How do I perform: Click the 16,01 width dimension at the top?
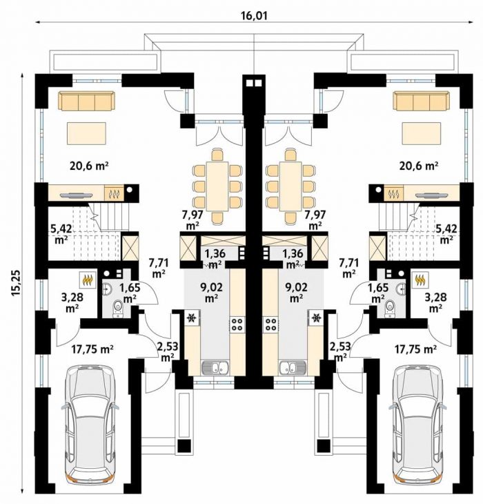click(254, 15)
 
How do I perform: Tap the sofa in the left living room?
click(86, 101)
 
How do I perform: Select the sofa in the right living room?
click(421, 101)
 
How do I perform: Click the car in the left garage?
click(90, 425)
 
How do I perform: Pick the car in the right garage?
click(417, 425)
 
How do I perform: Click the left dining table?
click(217, 186)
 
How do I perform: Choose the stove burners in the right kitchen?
click(270, 324)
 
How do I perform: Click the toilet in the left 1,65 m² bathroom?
click(118, 308)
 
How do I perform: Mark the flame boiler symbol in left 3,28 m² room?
click(88, 280)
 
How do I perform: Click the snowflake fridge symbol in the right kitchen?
click(316, 318)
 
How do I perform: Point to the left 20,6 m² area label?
click(88, 166)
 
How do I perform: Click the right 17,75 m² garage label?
click(416, 349)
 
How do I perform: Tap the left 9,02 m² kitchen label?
click(210, 292)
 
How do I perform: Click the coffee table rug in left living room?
click(86, 134)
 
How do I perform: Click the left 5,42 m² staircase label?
click(61, 234)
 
